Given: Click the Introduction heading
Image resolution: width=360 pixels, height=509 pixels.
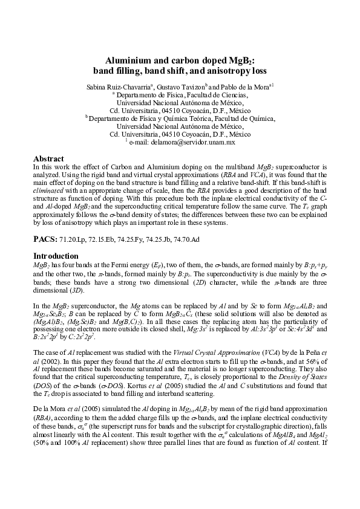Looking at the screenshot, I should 56,256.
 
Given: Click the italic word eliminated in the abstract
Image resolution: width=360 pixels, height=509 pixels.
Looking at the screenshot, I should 50,189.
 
